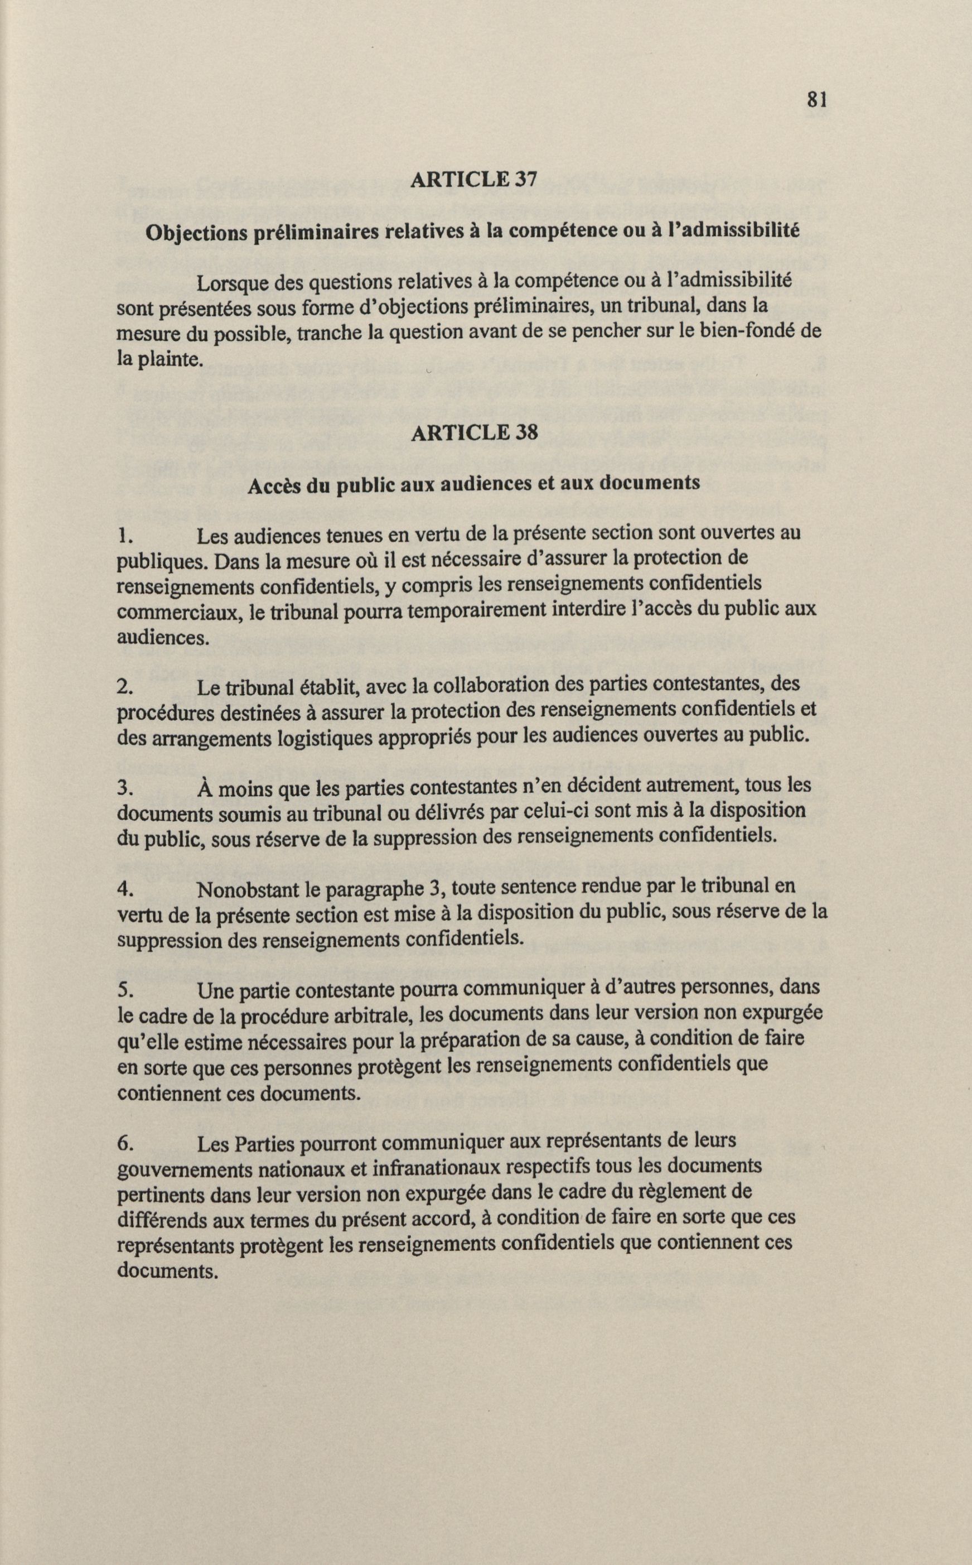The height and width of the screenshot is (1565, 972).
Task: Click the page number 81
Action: click(x=816, y=100)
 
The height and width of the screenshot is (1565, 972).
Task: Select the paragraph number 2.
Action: click(x=125, y=687)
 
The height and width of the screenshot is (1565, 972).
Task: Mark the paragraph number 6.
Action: click(x=125, y=1142)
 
